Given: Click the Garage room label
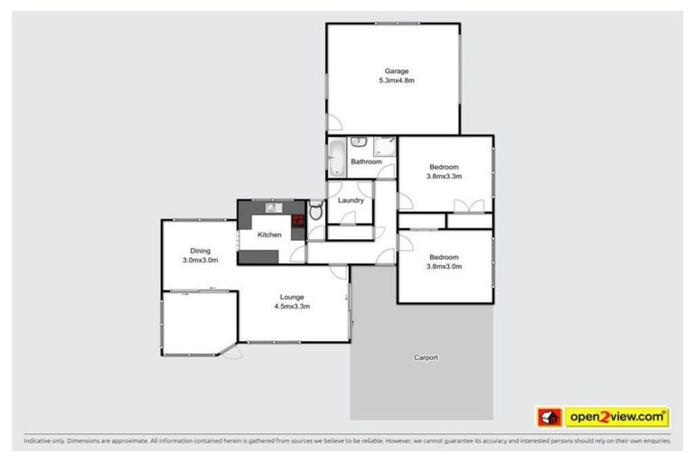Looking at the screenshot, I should [x=396, y=71].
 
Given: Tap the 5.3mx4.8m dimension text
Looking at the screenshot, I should [x=396, y=81].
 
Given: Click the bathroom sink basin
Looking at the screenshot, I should [x=358, y=142].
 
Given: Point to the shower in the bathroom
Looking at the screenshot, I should [x=385, y=147].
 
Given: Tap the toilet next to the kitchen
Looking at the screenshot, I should [x=315, y=212].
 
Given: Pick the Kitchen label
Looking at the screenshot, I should [x=269, y=236].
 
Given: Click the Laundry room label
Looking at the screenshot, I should [x=351, y=200].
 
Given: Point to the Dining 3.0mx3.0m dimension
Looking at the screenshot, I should [x=200, y=261].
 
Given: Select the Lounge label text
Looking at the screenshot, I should [x=292, y=297].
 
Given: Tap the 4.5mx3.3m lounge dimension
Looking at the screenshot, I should [x=292, y=307].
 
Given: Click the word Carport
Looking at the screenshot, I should [x=426, y=357].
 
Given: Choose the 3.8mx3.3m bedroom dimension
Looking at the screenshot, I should [x=444, y=177].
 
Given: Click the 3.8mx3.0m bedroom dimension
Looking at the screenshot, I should [x=444, y=266].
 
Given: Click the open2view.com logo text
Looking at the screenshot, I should [x=617, y=418].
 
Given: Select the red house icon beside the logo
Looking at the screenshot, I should [x=548, y=418].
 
